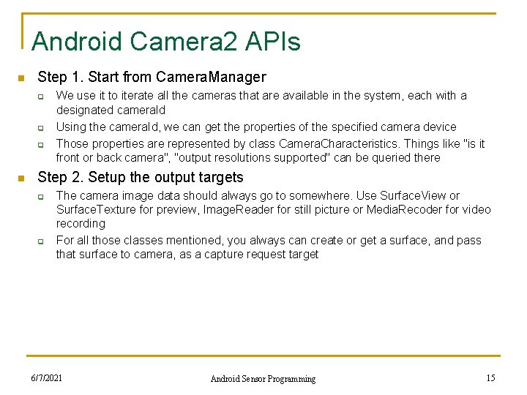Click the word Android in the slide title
78,42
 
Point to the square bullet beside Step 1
22,78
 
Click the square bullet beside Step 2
22,178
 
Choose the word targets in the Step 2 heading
219,177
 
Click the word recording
81,223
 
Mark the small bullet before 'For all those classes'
42,241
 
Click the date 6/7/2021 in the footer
46,378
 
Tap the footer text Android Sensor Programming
263,379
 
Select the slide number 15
490,378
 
